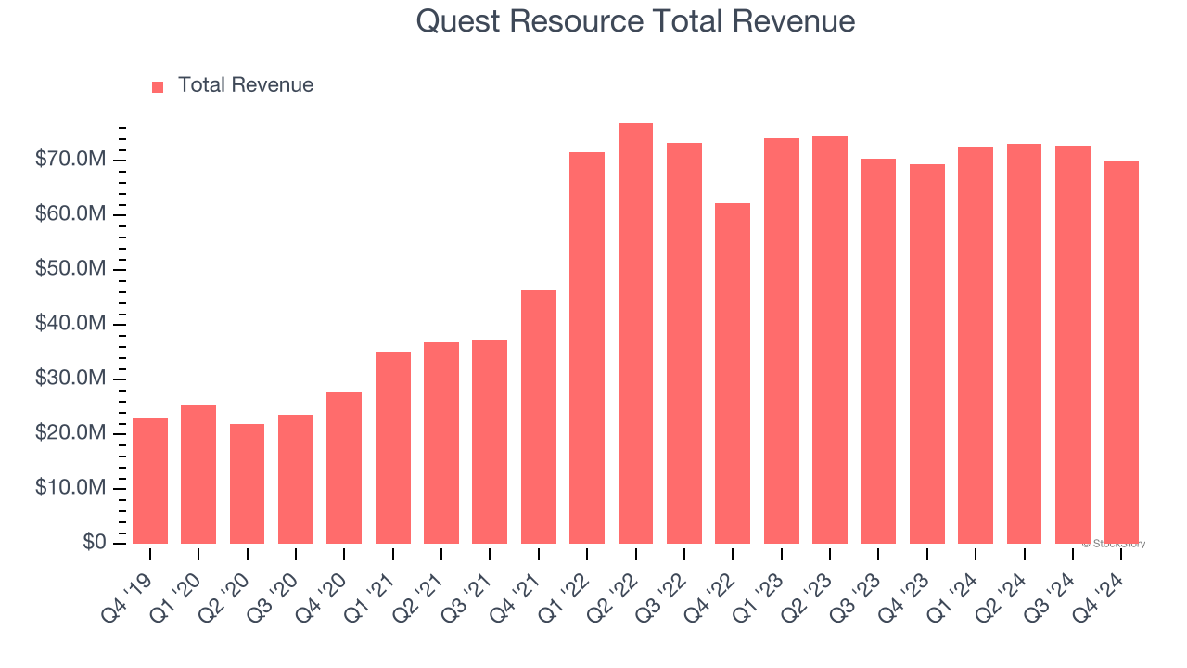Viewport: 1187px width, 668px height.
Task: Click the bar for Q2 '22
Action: coord(635,333)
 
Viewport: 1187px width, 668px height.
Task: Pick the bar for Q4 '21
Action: coord(538,417)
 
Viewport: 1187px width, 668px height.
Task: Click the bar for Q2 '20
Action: coord(247,483)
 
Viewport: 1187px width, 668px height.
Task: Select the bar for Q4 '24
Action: coord(1120,353)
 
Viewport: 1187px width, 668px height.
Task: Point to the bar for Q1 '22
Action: coord(587,348)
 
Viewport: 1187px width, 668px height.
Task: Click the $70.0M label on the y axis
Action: coord(70,160)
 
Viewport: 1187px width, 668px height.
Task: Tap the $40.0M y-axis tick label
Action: coord(70,324)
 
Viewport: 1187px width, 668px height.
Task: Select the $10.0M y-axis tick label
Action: coord(70,488)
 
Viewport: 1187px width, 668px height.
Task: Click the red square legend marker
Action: coord(158,86)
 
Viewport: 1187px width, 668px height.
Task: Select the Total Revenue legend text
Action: coord(246,85)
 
